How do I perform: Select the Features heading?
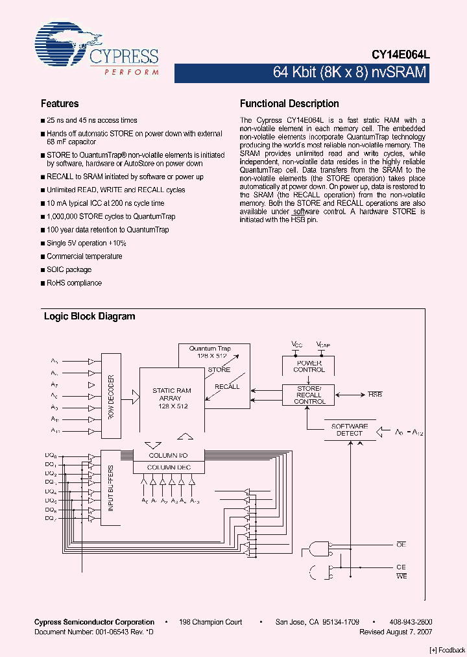click(60, 104)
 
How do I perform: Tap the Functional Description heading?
click(289, 104)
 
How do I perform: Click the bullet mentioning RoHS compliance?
click(74, 283)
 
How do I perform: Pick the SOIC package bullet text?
click(69, 269)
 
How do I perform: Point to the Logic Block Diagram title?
click(90, 317)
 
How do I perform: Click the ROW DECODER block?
click(111, 396)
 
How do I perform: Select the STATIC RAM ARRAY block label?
click(172, 397)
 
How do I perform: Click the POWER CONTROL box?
click(309, 366)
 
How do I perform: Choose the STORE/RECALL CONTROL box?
click(309, 395)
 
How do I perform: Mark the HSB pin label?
click(375, 394)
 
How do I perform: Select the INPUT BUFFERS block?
click(111, 488)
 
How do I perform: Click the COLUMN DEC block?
click(169, 467)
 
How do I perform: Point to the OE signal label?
click(401, 546)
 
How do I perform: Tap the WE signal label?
click(401, 576)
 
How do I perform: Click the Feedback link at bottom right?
click(448, 650)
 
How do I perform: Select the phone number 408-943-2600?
click(413, 622)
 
